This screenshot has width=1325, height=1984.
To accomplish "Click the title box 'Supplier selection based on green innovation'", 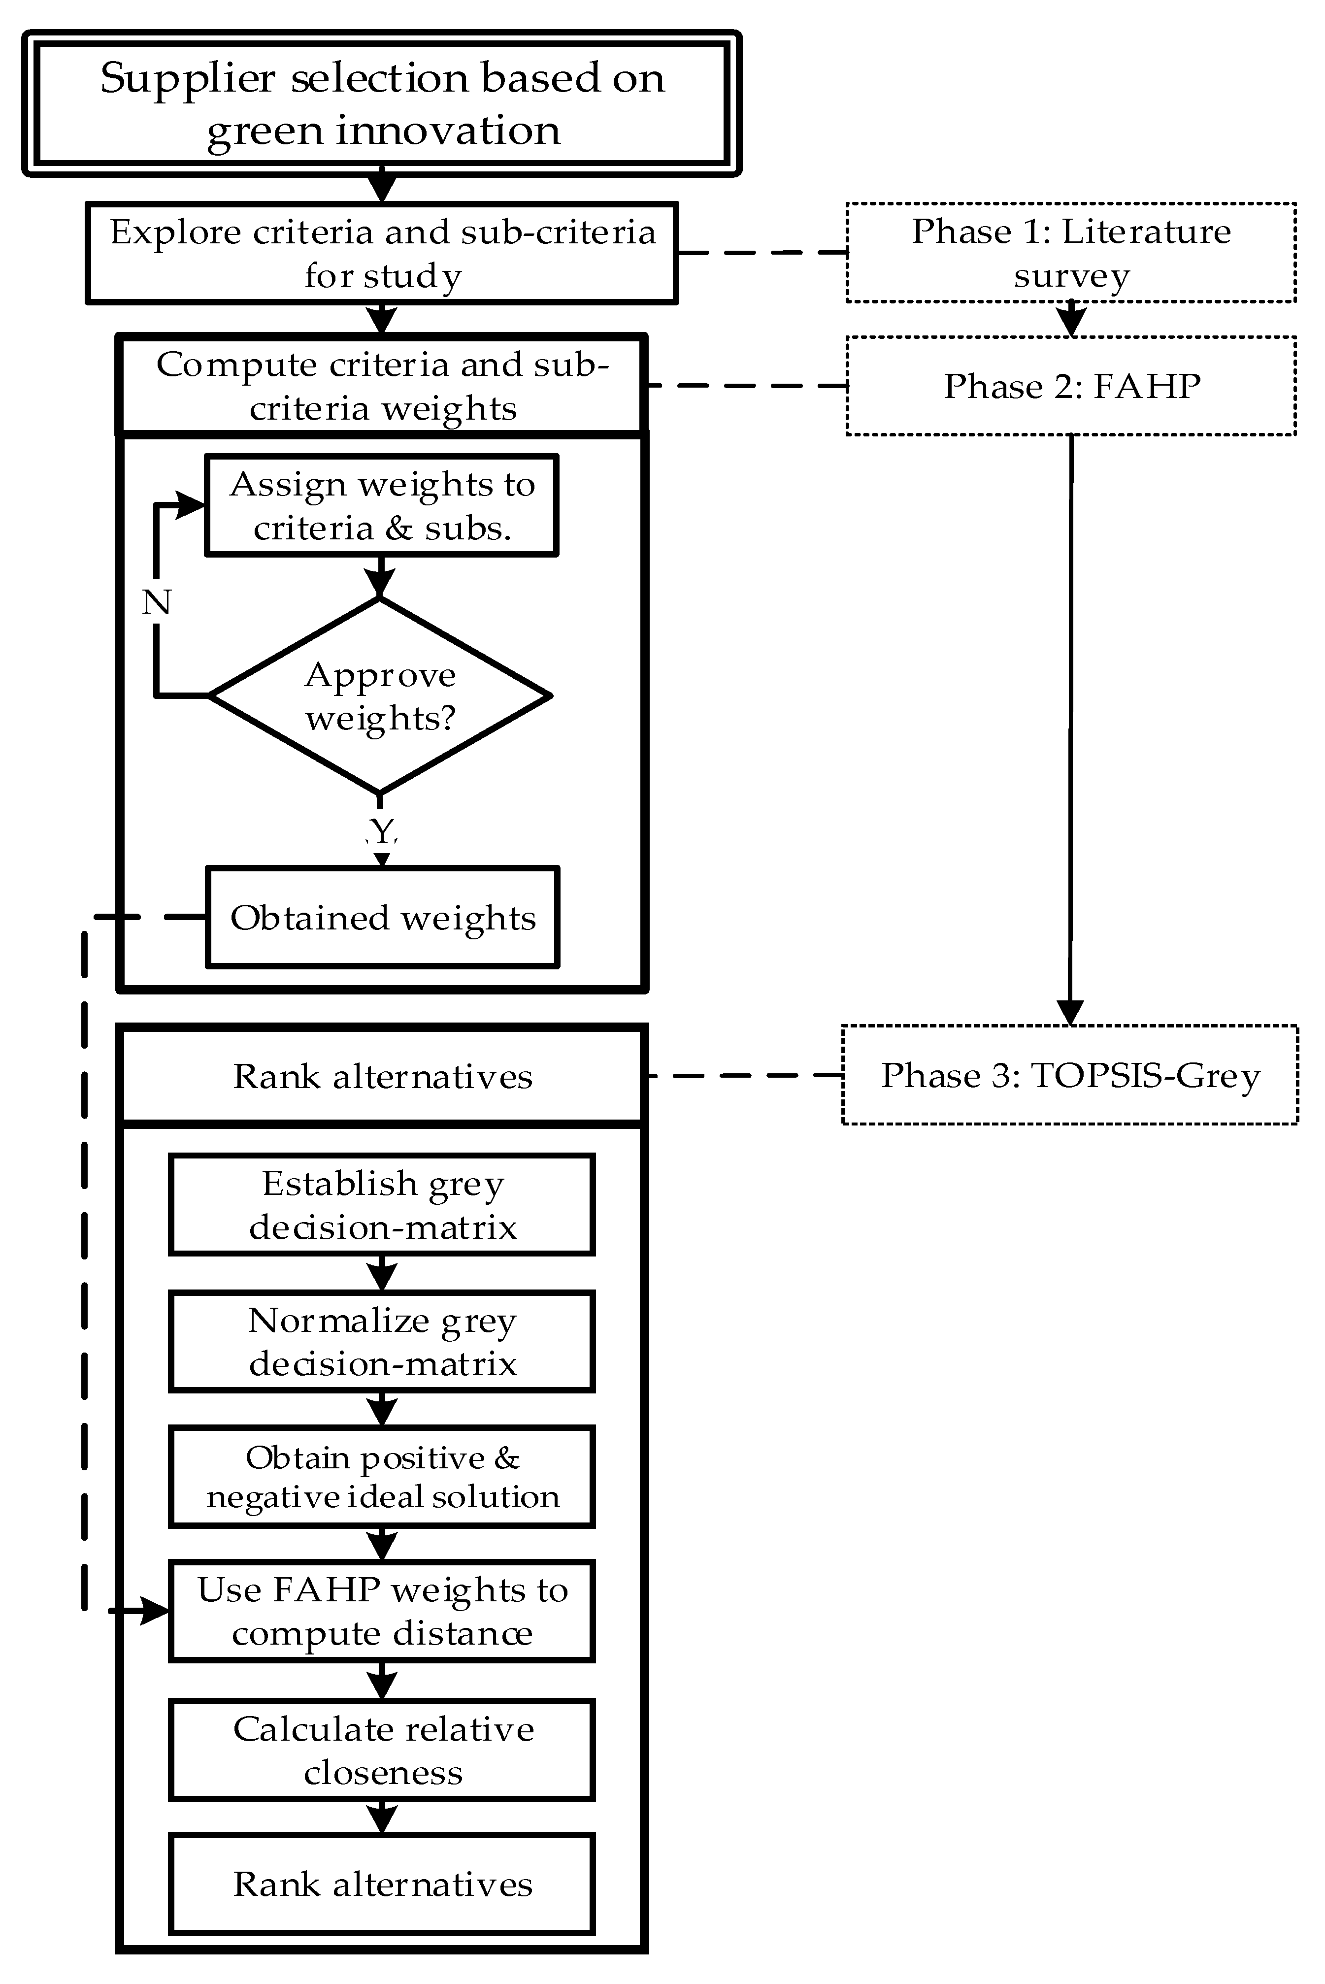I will click(x=382, y=103).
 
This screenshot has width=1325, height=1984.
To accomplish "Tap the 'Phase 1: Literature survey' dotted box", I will click(x=1071, y=253).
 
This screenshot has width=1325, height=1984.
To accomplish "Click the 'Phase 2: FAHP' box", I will click(x=1071, y=386).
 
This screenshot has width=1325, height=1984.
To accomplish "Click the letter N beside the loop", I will click(x=156, y=602).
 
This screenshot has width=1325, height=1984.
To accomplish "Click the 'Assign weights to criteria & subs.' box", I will click(x=382, y=505).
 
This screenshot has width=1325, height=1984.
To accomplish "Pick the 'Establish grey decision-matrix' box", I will click(x=382, y=1204).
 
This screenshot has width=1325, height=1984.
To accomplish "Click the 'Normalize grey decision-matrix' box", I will click(x=382, y=1341).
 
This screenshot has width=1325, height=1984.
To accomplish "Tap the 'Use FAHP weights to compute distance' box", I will click(x=382, y=1611).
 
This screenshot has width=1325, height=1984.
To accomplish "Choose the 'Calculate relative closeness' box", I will click(x=382, y=1750).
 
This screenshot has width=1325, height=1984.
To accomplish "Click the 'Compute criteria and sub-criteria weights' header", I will click(x=382, y=386).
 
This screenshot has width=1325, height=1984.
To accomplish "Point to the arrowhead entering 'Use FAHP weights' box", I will click(x=156, y=1611).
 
